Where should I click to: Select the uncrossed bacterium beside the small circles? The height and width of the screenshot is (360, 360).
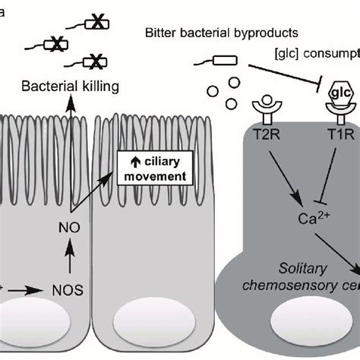pyautogui.click(x=223, y=62)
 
